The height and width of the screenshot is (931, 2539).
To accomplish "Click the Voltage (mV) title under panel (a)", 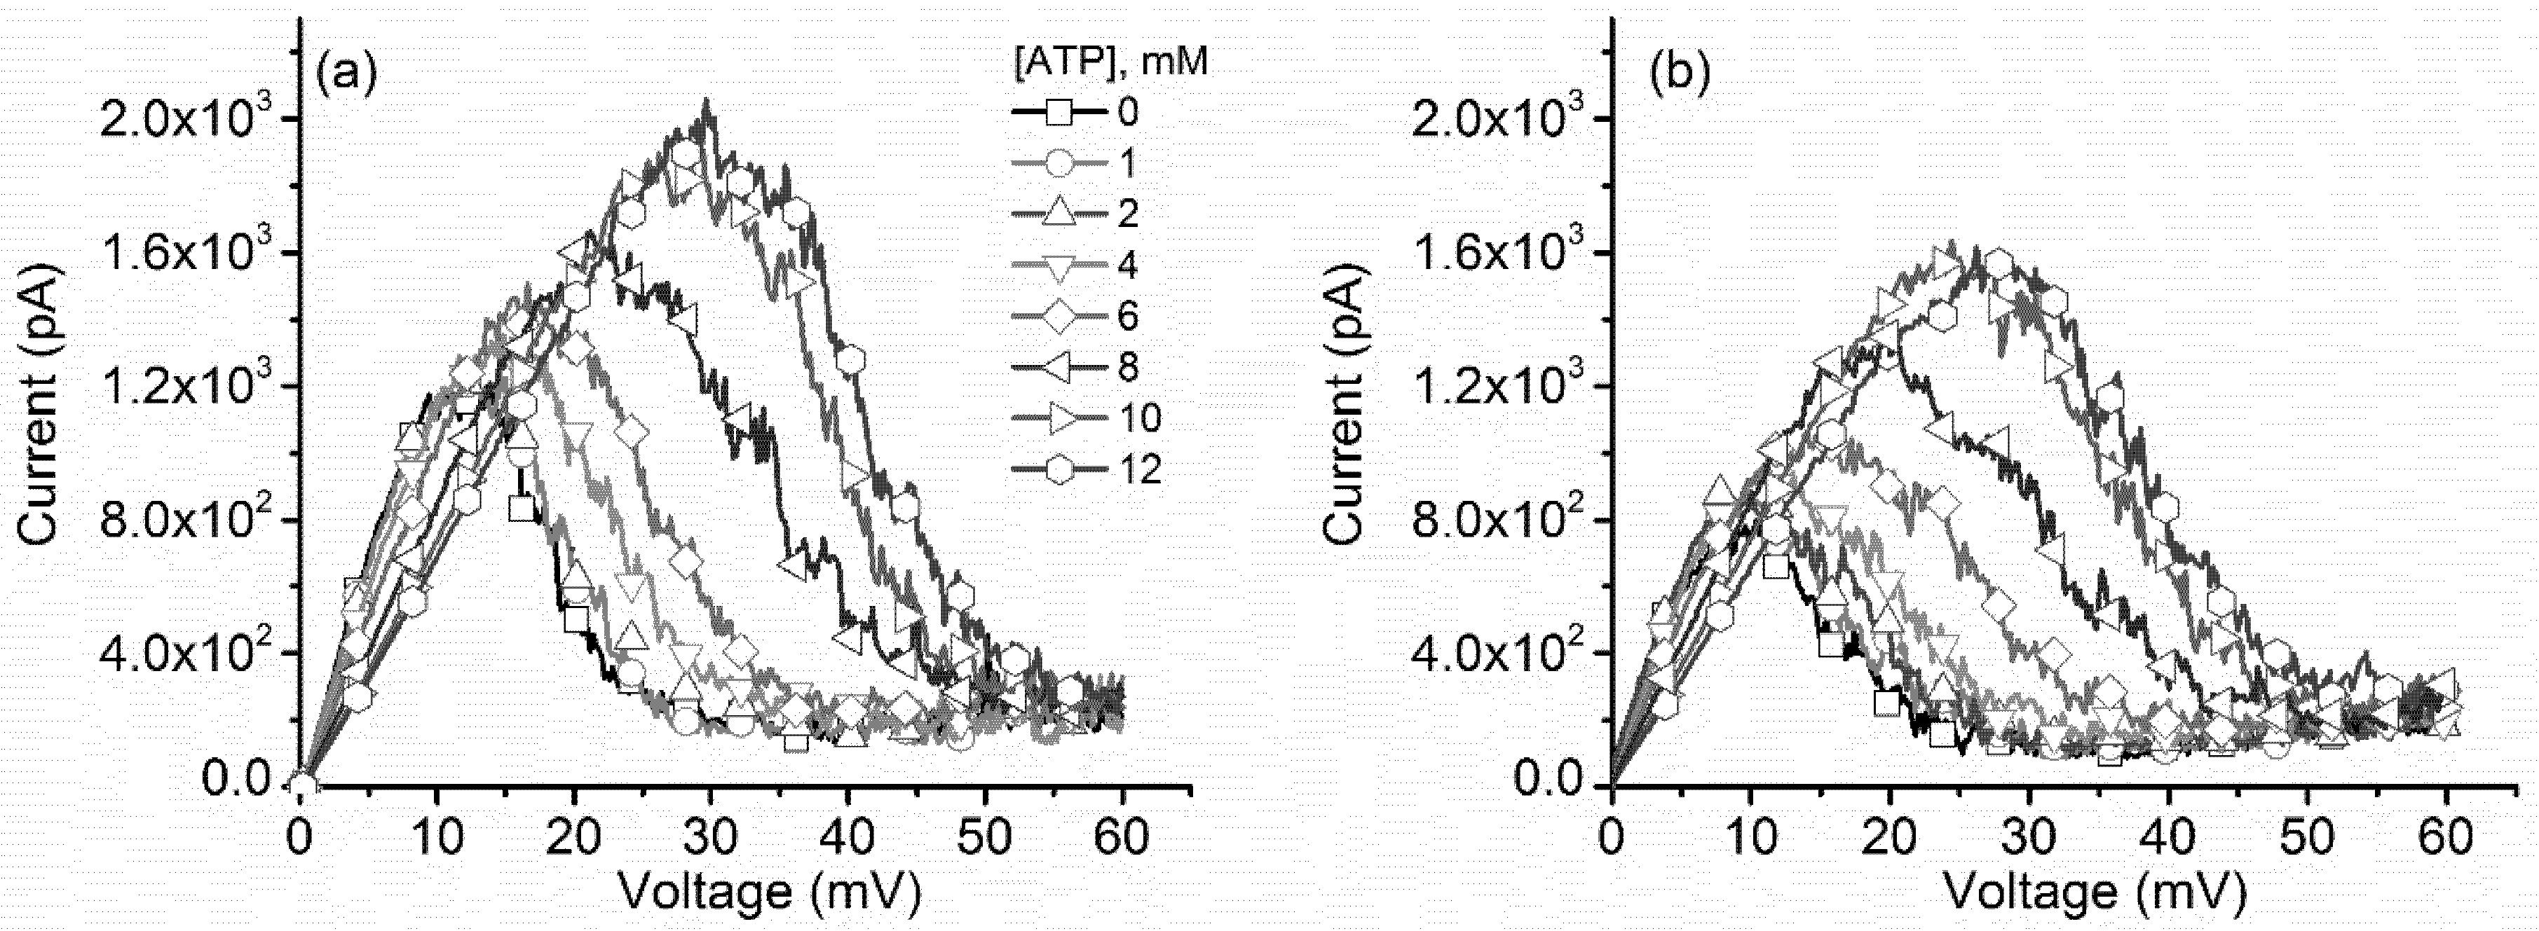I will (770, 892).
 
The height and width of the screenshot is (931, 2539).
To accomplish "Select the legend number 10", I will (1139, 420).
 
